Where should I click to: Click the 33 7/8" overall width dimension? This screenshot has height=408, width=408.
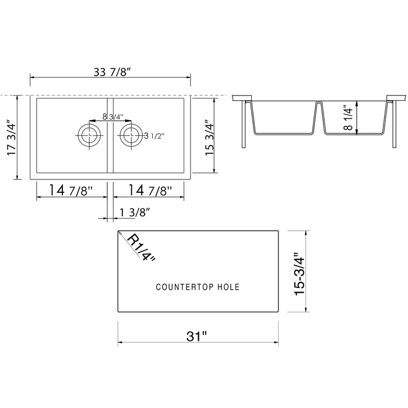[110, 73]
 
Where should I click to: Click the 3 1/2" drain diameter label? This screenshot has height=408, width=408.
[154, 136]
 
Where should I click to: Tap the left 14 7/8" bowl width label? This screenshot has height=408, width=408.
[71, 190]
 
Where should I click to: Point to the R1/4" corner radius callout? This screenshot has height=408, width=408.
[140, 248]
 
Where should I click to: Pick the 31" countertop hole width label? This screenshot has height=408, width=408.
[197, 336]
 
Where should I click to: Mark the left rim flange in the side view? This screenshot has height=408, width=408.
[242, 97]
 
